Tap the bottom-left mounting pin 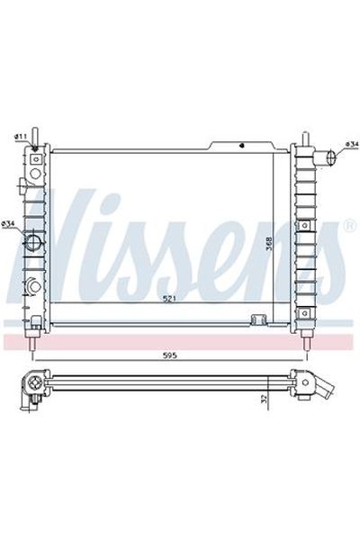(33, 343)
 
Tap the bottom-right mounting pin (306, 343)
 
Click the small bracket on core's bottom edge (257, 319)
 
